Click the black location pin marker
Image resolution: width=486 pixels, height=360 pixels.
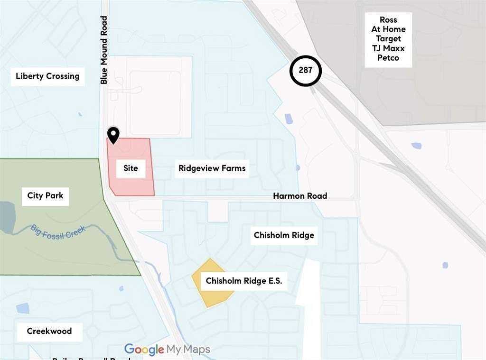(113, 135)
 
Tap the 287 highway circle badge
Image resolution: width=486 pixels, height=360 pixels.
(306, 71)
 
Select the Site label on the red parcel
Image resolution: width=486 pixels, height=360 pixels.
(131, 168)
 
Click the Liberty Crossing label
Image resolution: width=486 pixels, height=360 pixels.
(47, 76)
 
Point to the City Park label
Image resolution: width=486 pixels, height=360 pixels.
(45, 195)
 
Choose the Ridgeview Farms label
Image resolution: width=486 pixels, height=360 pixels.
(212, 168)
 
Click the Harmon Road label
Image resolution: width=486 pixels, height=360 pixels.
(300, 196)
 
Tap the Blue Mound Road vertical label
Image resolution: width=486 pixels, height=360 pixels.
(104, 50)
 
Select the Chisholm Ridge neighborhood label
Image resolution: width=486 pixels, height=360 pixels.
(284, 235)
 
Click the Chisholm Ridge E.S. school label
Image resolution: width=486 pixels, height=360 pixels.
(243, 281)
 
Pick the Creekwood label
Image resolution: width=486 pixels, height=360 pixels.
(49, 331)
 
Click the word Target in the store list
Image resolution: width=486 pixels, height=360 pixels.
(388, 39)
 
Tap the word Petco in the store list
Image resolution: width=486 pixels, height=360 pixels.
(388, 58)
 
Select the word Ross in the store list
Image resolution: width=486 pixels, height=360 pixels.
(388, 20)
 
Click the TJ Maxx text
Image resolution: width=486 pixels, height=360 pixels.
(388, 48)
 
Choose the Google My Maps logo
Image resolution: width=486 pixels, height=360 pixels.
(167, 350)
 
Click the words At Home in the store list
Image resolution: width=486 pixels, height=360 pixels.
(388, 29)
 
